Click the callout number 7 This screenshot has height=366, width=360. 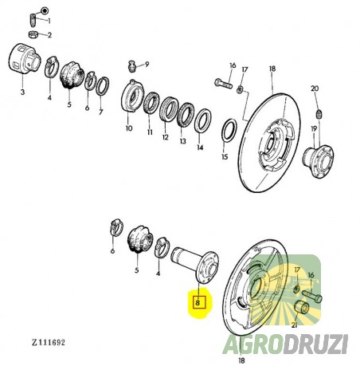(101, 113)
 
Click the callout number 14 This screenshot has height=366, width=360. (199, 148)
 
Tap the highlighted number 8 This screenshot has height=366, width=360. (198, 302)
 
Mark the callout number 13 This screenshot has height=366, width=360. (182, 143)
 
